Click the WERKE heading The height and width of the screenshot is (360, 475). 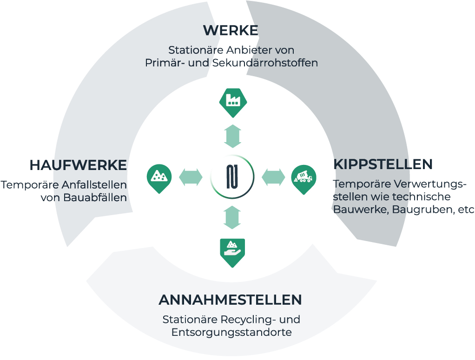[231, 31]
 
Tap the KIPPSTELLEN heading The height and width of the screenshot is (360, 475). [383, 164]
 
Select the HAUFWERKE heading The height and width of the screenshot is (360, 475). [78, 165]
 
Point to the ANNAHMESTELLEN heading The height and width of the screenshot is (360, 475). [231, 300]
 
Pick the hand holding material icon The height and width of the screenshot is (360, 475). [232, 251]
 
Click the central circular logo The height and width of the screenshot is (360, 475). [232, 177]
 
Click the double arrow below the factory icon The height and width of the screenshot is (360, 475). [232, 136]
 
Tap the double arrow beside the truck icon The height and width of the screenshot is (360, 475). [273, 177]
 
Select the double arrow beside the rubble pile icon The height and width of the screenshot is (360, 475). [191, 177]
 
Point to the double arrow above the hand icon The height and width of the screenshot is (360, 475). [232, 217]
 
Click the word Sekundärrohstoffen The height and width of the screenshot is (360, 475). [264, 63]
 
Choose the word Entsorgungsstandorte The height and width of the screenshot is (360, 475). [231, 333]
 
